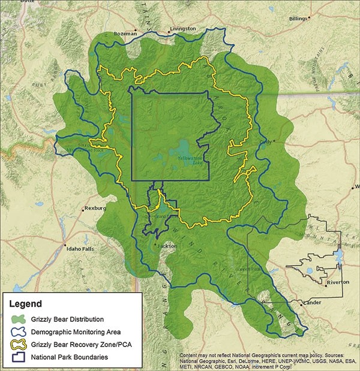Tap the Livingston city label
(x=182, y=28)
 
